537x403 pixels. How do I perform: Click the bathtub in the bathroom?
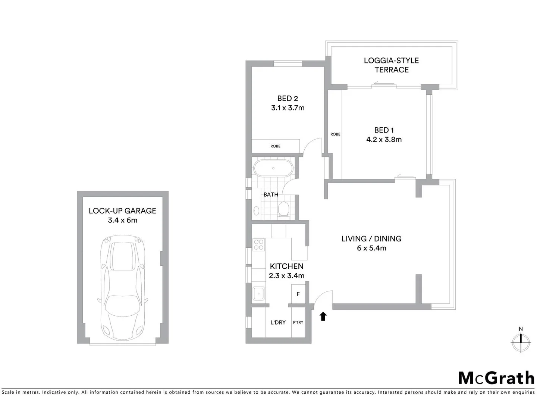273,168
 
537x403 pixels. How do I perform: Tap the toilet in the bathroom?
284,210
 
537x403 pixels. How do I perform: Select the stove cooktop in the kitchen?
258,245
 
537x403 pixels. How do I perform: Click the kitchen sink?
258,293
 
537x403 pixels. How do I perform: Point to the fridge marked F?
298,294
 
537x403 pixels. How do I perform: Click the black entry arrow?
323,316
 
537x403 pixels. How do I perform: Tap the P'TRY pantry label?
298,322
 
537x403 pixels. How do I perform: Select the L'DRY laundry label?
278,322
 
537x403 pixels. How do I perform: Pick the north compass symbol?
521,341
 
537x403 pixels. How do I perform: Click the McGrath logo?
496,378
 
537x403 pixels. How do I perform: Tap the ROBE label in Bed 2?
275,146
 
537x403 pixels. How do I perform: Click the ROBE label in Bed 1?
335,134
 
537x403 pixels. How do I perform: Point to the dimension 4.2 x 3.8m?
384,140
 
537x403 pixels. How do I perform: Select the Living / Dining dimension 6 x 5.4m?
371,248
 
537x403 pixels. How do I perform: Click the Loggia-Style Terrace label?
391,65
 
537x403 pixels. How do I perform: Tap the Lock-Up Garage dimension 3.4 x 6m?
122,220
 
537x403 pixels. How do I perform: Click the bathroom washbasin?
256,211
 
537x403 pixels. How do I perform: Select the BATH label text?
271,194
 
